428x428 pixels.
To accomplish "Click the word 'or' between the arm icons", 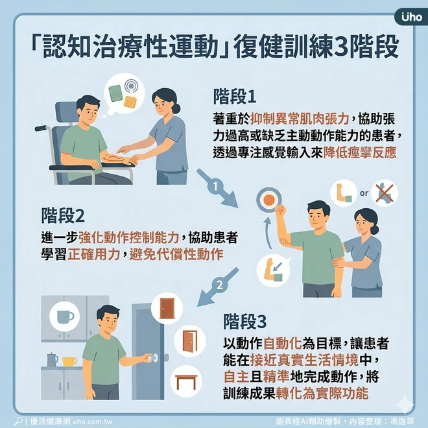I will pos(364,193).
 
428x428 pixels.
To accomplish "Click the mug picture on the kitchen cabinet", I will pos(64,317).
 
